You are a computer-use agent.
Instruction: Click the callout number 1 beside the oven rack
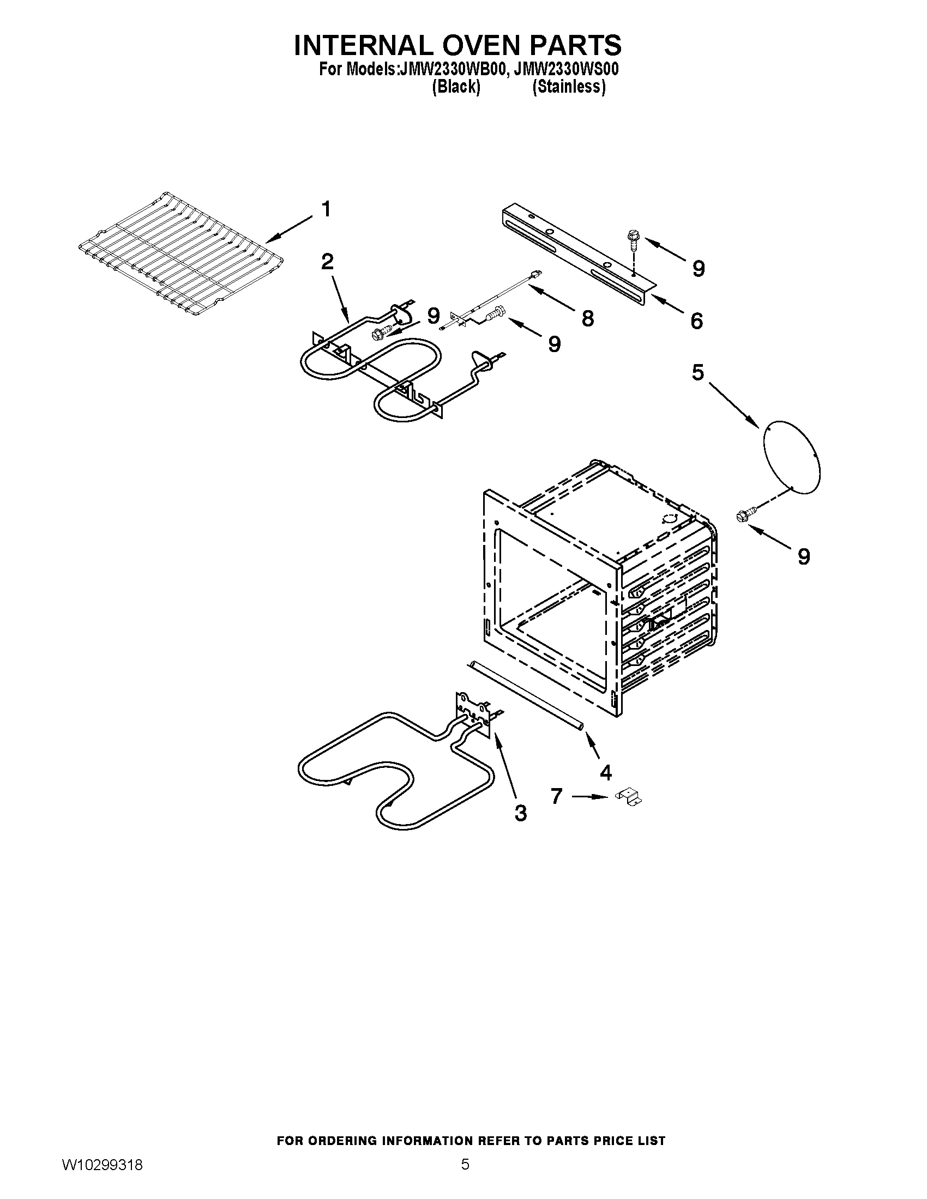[326, 209]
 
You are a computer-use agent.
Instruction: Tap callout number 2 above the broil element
[327, 262]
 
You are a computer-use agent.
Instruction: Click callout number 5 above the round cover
[697, 373]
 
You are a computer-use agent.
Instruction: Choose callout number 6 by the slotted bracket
[696, 321]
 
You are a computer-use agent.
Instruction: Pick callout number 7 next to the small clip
[557, 796]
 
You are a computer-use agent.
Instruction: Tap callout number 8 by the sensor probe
[588, 318]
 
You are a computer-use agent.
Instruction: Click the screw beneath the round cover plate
[745, 515]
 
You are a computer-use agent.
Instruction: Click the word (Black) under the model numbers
[456, 87]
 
